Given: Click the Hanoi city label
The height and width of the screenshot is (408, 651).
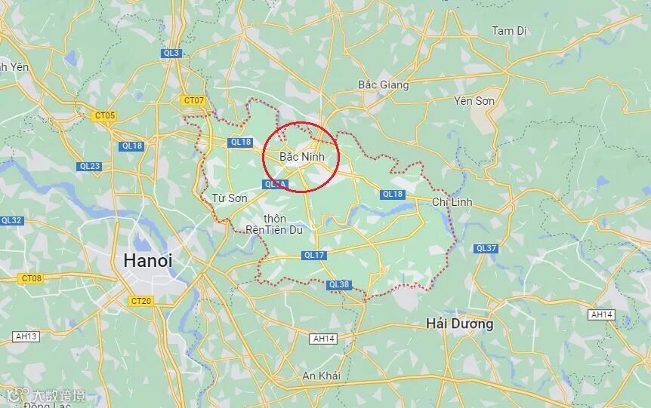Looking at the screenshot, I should pos(148,261).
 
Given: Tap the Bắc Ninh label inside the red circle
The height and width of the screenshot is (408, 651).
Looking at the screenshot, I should pos(301,157).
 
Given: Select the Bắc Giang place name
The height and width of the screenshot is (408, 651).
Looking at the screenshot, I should pos(383,85).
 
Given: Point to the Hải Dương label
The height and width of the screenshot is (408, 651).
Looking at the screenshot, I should pos(459,324).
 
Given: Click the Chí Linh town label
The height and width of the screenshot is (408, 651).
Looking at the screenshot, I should pos(452,202).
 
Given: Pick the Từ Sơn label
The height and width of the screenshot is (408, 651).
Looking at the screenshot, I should pos(229,198).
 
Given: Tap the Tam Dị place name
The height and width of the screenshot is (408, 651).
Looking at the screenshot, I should pos(510,31).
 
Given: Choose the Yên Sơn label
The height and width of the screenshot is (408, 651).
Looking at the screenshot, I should pos(474,100).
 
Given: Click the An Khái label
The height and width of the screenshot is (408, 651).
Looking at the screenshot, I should pos(321,376).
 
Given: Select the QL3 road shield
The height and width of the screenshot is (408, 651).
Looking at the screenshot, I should pos(171,53).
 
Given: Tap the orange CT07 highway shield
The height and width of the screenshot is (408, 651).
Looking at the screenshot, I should pos(193,100).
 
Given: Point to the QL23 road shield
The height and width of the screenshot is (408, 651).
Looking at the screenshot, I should pos(89,166).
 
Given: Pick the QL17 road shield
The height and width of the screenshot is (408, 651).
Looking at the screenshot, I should pos(313,256).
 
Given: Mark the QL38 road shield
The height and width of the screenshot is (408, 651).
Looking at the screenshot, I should pos(339,284).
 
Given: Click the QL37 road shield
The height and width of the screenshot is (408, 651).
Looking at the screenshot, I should pos(486,248).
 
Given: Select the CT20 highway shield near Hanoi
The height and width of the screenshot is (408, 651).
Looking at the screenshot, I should pos(141,301).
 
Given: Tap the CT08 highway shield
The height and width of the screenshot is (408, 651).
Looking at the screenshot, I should pos(32,278).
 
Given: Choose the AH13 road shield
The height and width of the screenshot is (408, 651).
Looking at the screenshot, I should pos(26,336).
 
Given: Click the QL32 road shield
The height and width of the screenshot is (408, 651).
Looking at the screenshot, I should pos(11,220).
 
